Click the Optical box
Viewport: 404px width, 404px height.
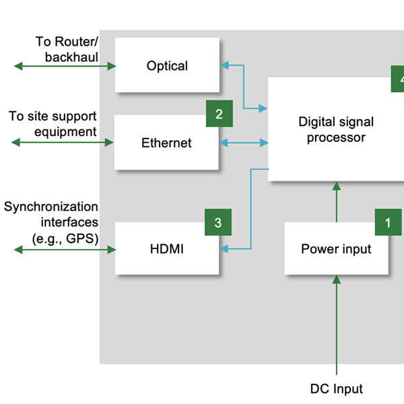[x=167, y=65]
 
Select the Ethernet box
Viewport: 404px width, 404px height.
[x=166, y=143]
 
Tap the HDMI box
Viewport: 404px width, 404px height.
[x=166, y=249]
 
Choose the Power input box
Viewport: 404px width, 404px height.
[x=336, y=249]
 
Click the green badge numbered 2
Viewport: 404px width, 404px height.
[x=219, y=114]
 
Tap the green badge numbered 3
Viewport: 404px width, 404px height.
[x=218, y=222]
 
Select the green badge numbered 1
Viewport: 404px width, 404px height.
[x=388, y=222]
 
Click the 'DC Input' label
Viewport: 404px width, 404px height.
[x=336, y=389]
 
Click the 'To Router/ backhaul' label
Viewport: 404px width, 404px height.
[x=67, y=49]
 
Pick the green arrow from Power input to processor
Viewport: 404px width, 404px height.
[x=336, y=202]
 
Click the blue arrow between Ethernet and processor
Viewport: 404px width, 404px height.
[x=244, y=143]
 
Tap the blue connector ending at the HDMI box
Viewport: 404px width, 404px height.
[x=250, y=215]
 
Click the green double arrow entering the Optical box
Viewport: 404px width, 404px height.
[x=65, y=65]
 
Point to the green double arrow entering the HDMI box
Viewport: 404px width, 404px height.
[x=65, y=250]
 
